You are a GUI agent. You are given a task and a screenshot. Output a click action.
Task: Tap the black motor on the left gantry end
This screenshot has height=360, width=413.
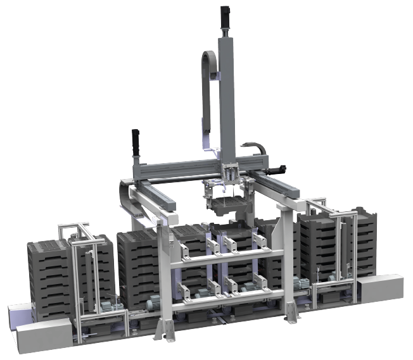tap(135, 143)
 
